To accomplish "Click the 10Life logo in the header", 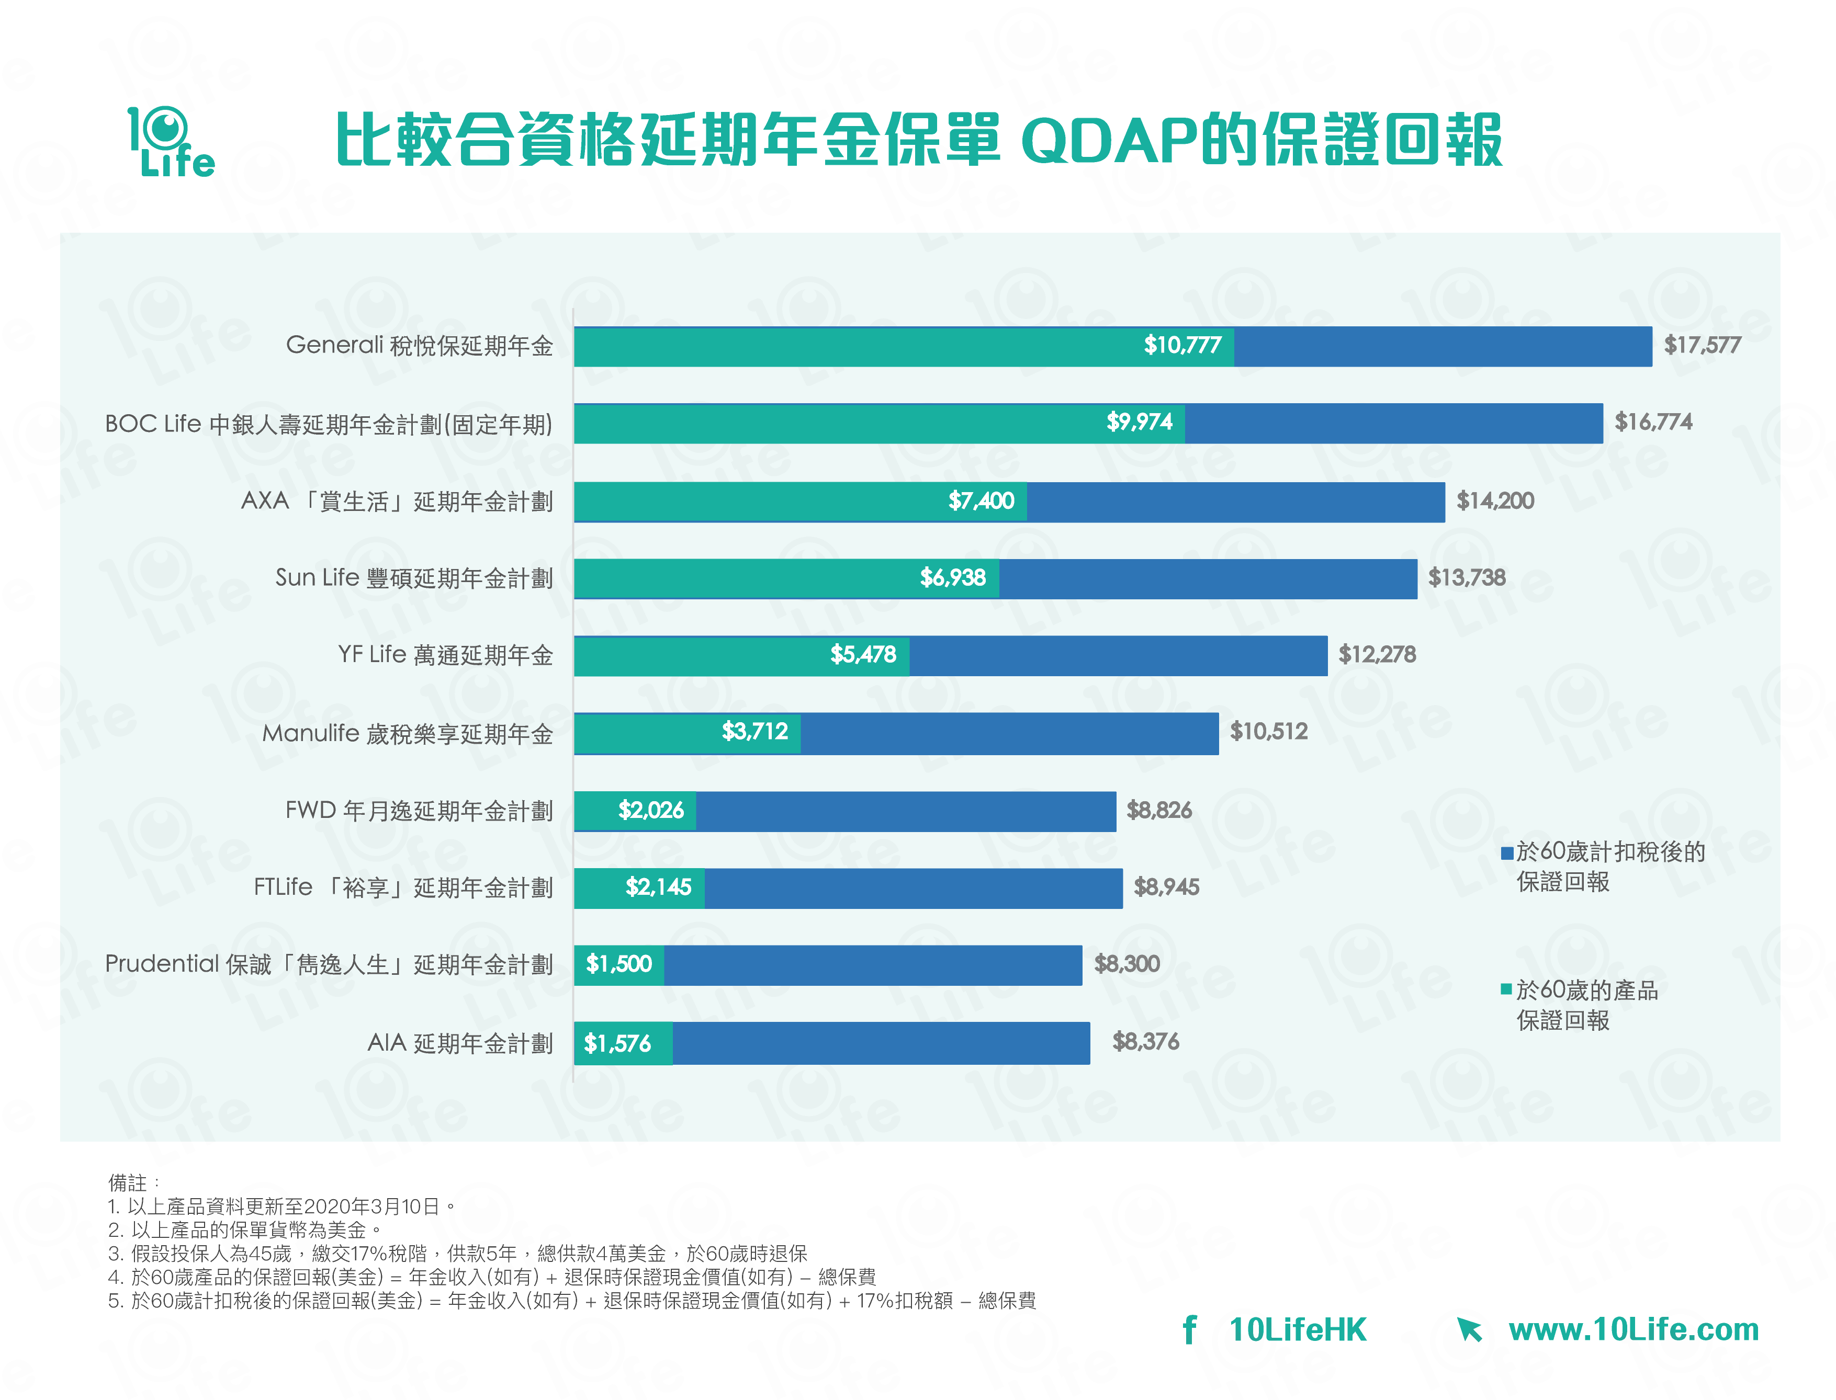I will pos(171,142).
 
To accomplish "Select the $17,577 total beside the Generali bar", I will pos(1702,345).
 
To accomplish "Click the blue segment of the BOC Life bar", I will pos(1392,423).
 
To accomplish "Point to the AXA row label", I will pos(397,502).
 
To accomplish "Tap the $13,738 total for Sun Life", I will pos(1467,577).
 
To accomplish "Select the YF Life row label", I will pos(445,655).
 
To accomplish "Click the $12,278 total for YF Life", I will pos(1377,654).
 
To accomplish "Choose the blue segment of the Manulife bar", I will pos(1009,733).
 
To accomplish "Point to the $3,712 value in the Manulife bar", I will pos(754,732).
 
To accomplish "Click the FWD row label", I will pos(419,810).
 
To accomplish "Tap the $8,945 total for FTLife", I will pos(1166,886).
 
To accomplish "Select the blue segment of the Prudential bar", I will pos(873,965).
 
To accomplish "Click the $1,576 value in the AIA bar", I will pos(617,1043).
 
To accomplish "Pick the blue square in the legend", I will pos(1507,852).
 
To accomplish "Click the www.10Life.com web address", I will pos(1632,1330).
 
